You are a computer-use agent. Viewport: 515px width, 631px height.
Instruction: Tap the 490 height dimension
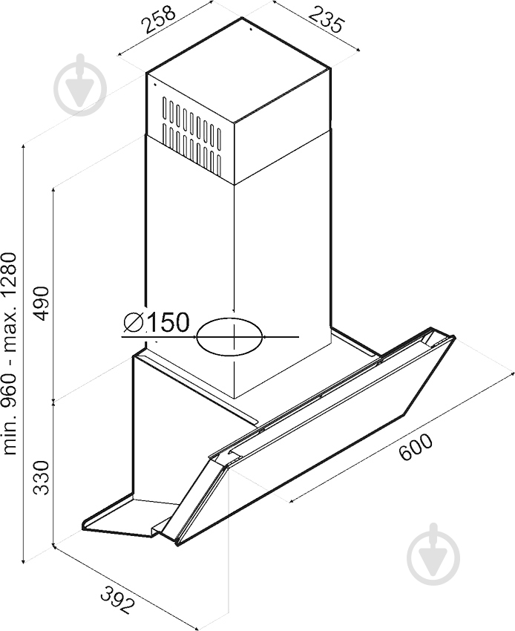[43, 302]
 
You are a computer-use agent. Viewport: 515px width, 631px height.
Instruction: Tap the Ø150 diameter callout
[156, 323]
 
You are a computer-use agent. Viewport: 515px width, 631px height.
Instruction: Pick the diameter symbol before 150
[133, 324]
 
